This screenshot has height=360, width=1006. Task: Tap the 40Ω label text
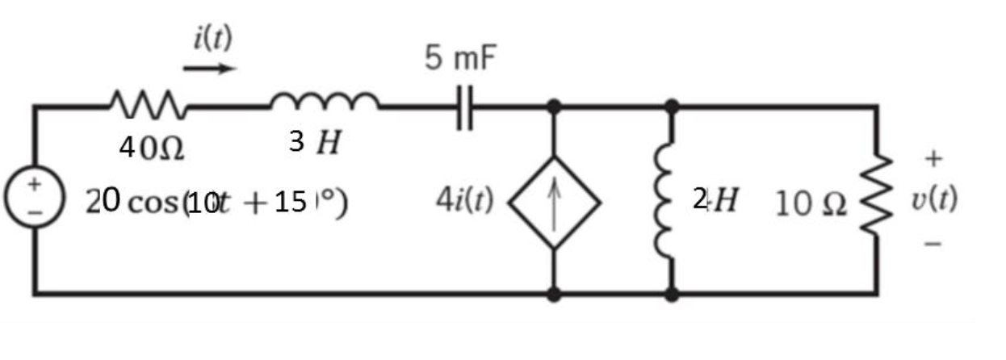point(151,148)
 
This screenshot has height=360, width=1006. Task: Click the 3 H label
point(314,144)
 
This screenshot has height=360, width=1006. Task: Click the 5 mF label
point(462,59)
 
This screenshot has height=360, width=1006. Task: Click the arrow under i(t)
point(209,69)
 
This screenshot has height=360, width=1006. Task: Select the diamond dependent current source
point(554,203)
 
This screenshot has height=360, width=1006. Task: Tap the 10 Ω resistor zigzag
point(878,202)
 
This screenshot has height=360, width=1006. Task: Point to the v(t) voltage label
point(934,199)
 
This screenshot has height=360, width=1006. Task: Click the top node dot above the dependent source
point(554,106)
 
